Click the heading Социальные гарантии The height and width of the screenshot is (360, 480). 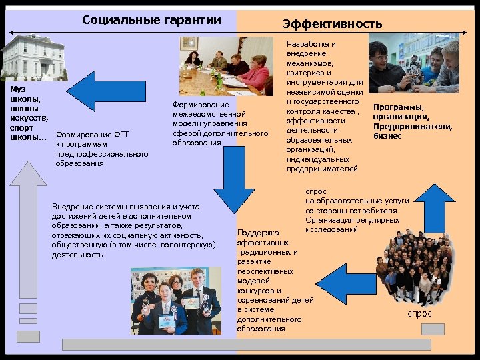[151, 19]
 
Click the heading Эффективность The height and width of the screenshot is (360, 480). [332, 25]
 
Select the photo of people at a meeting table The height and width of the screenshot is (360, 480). [226, 66]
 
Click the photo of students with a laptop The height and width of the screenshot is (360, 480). [414, 66]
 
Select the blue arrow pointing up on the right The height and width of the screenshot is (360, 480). [439, 212]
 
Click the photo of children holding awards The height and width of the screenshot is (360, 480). [175, 300]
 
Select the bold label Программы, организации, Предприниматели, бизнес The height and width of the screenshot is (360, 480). [413, 121]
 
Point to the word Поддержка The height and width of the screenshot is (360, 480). [258, 233]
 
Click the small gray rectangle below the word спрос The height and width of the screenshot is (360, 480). [433, 329]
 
